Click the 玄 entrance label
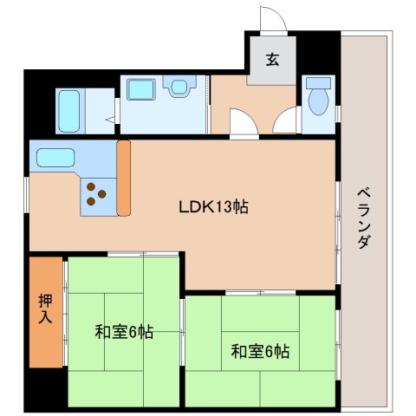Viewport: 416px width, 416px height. pos(272,60)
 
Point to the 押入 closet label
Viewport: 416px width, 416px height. pos(46,309)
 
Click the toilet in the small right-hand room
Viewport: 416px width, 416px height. pos(318,97)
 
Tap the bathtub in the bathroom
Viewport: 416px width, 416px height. pos(72,111)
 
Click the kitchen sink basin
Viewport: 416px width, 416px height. pos(55,159)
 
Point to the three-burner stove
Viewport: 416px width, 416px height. pos(96,197)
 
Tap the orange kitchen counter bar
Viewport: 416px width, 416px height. pos(123,178)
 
